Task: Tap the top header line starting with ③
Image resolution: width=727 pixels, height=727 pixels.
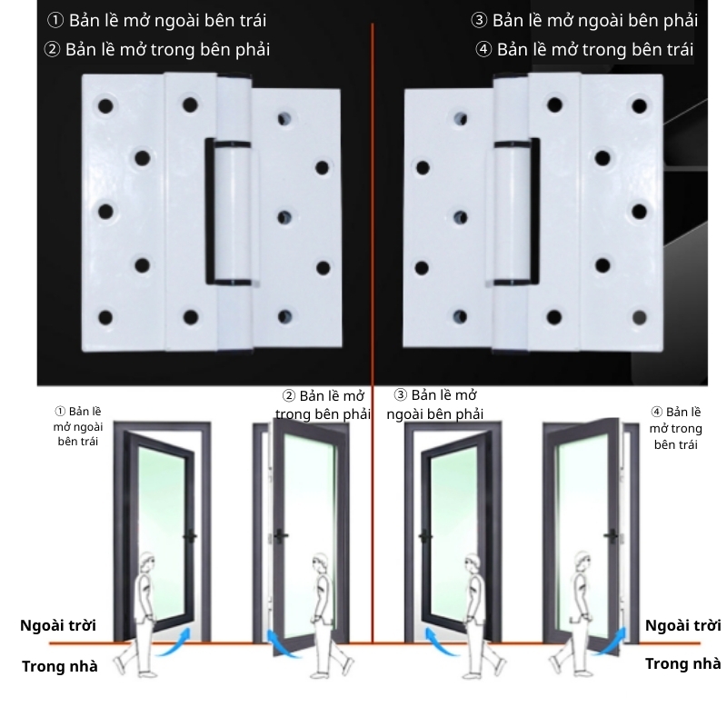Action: [584, 20]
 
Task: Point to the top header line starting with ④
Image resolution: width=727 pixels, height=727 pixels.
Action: [584, 49]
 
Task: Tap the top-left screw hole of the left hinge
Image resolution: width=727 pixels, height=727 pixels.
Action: [105, 105]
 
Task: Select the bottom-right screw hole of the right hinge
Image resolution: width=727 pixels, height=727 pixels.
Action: [641, 317]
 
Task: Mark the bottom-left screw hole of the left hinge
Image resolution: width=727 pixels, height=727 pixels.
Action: [105, 317]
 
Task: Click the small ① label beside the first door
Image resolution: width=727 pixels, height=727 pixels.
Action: [78, 425]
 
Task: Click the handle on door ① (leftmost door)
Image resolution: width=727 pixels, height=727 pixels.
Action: [190, 537]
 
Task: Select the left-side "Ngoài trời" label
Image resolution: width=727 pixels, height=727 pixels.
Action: [58, 625]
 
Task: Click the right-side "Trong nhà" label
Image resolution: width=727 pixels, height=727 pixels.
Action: [682, 663]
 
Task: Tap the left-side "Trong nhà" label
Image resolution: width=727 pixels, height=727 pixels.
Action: [59, 666]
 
